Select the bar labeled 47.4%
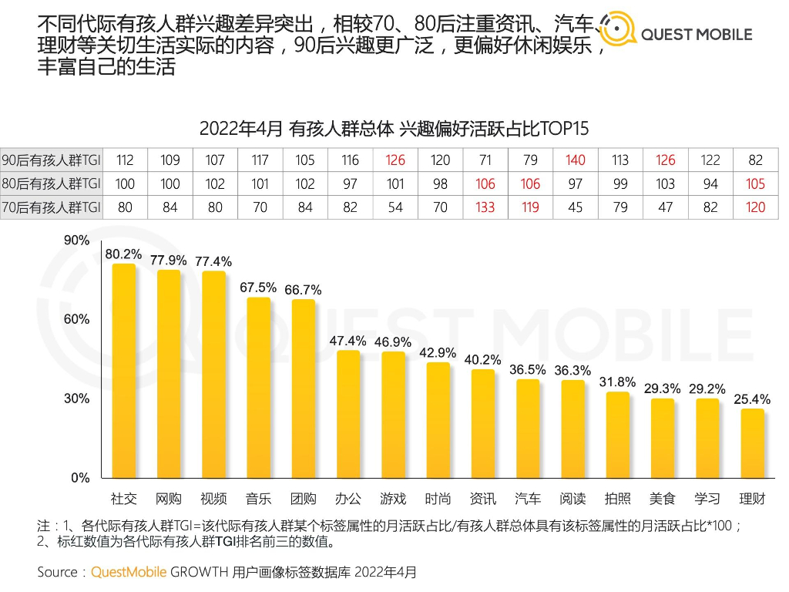pyautogui.click(x=349, y=414)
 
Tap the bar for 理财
pyautogui.click(x=753, y=443)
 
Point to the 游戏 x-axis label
pyautogui.click(x=394, y=499)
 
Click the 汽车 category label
pyautogui.click(x=529, y=499)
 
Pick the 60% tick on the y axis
pyautogui.click(x=76, y=319)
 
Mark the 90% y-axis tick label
pyautogui.click(x=76, y=240)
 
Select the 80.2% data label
pyautogui.click(x=124, y=254)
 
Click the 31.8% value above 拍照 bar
pyautogui.click(x=619, y=382)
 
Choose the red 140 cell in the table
pyautogui.click(x=575, y=160)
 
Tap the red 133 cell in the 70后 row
pyautogui.click(x=485, y=207)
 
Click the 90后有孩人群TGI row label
pyautogui.click(x=52, y=160)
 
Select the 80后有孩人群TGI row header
pyautogui.click(x=52, y=183)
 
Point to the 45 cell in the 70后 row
pyautogui.click(x=575, y=207)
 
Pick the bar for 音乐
pyautogui.click(x=259, y=388)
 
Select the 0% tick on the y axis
pyautogui.click(x=80, y=478)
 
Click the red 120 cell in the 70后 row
pyautogui.click(x=755, y=207)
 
